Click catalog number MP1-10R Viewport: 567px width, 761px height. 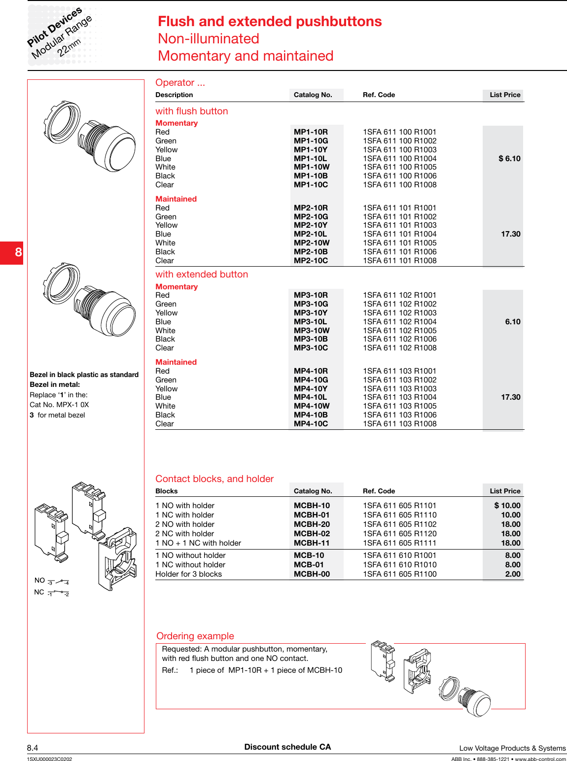(311, 132)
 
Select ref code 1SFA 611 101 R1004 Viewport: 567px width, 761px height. (399, 234)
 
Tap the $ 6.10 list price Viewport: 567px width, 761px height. (509, 159)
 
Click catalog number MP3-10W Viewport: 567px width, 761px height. (312, 331)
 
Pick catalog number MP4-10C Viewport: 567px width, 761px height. (311, 424)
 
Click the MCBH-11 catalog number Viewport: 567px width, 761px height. (312, 543)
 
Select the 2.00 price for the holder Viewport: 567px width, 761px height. (512, 574)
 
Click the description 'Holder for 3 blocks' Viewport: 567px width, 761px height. (188, 574)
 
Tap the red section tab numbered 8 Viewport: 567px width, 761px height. (12, 252)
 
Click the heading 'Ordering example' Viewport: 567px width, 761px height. (195, 636)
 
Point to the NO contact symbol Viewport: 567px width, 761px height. (58, 582)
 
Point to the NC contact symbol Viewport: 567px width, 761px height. (58, 593)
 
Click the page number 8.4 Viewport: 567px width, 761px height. (33, 748)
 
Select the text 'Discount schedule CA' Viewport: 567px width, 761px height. (287, 747)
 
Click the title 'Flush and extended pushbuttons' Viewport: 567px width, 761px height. (269, 22)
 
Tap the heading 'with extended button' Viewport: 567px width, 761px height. (202, 275)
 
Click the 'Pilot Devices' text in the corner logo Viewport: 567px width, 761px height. (54, 27)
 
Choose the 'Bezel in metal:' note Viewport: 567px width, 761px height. (55, 384)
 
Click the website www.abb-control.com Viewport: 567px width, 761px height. (540, 759)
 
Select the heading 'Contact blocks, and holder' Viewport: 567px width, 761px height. (214, 479)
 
